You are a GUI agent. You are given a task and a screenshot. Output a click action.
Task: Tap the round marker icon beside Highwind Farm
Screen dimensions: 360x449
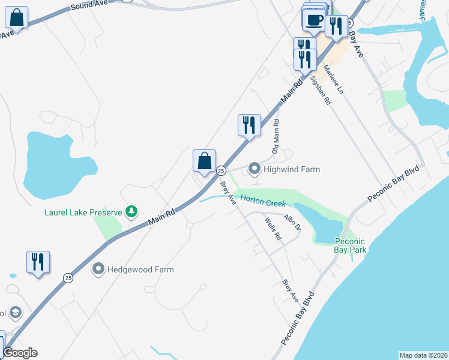tap(255, 170)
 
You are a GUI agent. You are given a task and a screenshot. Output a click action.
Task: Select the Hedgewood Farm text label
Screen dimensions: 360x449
tap(140, 269)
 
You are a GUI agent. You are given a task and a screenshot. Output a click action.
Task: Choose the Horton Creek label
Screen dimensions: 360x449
tap(263, 201)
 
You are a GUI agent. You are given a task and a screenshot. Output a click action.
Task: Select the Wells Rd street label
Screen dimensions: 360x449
tap(273, 229)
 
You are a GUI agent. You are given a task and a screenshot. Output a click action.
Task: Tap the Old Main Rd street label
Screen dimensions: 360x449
tap(276, 136)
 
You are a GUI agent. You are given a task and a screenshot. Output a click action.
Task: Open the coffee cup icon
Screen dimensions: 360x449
tap(313, 19)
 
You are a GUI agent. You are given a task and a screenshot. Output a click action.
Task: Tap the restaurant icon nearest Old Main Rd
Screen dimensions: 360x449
tap(249, 125)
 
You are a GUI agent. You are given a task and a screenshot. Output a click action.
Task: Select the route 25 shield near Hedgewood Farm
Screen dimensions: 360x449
tap(68, 278)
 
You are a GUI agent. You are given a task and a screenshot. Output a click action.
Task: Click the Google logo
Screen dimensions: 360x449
tap(20, 353)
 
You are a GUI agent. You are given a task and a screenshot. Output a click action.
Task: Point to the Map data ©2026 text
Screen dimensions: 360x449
tap(423, 355)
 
